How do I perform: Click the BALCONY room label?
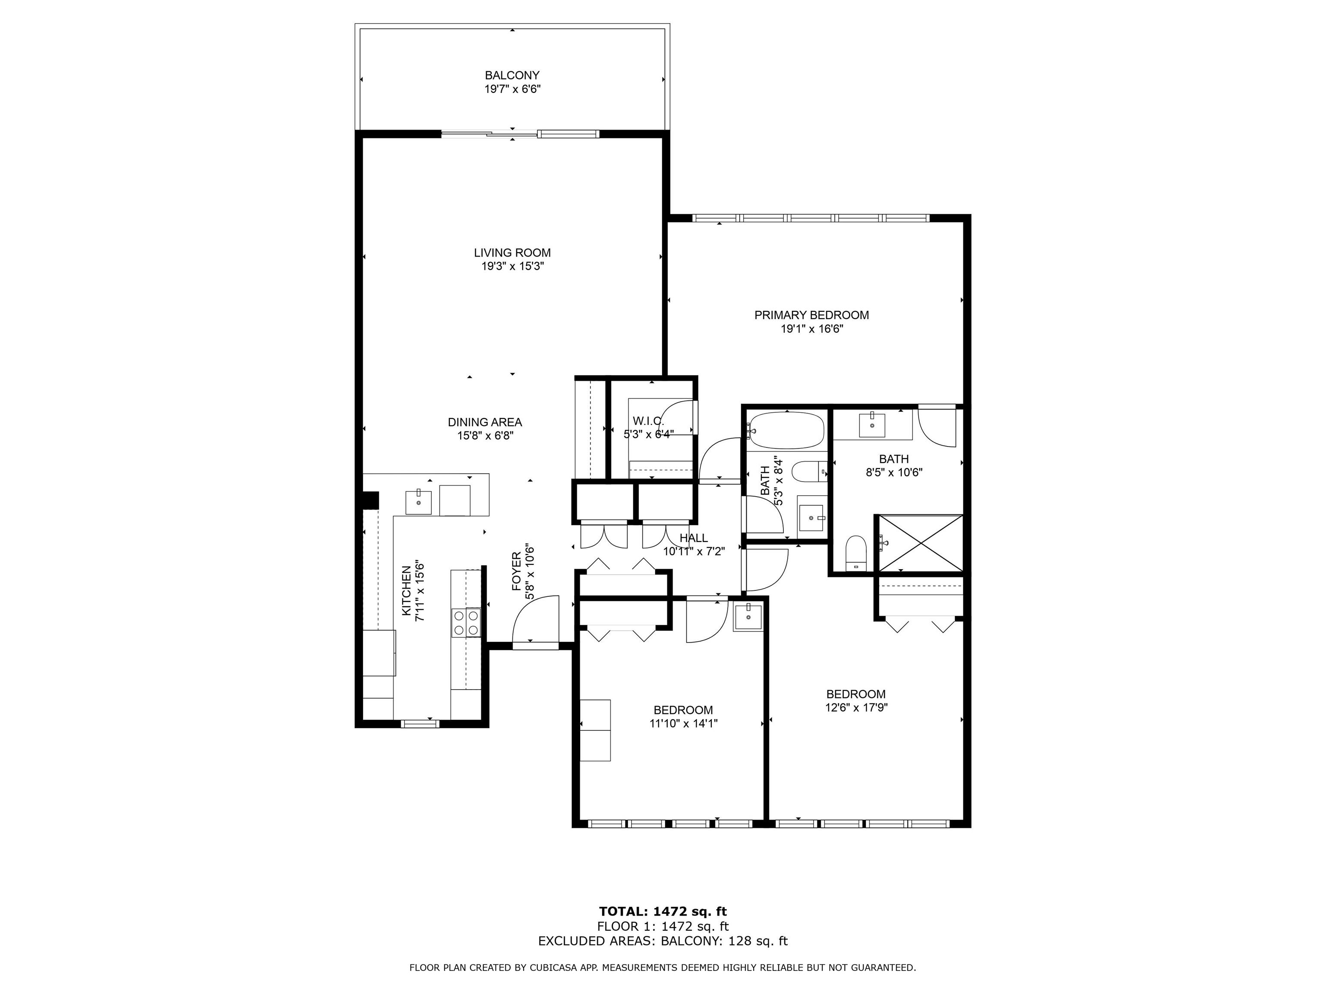(512, 76)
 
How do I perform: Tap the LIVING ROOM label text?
(512, 253)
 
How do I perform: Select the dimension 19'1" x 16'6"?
(811, 329)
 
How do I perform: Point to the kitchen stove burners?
(466, 622)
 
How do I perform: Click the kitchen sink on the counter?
(418, 502)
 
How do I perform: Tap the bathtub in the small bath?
(786, 430)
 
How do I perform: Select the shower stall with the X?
(919, 543)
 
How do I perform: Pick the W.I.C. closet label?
(648, 421)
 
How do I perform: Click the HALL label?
(694, 538)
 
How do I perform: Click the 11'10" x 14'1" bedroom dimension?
(683, 724)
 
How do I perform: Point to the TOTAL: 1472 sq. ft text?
(663, 912)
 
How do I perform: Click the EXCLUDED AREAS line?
(663, 941)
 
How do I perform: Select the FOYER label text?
(516, 572)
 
